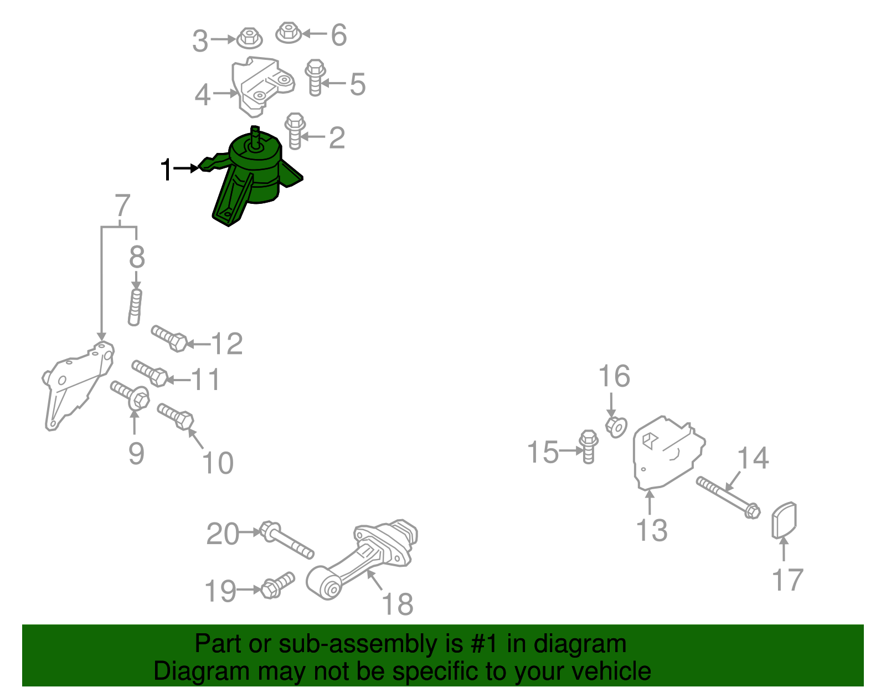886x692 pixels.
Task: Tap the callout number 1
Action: [x=166, y=169]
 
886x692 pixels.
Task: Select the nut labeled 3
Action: [x=250, y=38]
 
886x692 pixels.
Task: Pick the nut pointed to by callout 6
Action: [x=289, y=33]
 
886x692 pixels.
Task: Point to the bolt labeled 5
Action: [x=315, y=78]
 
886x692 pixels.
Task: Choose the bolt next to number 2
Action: [x=295, y=131]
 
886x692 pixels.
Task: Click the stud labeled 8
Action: [x=135, y=307]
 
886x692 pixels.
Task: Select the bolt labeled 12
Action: [x=169, y=339]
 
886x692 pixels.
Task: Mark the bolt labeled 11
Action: [x=150, y=373]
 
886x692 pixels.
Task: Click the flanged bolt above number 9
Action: [x=130, y=395]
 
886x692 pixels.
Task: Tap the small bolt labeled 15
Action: [x=588, y=447]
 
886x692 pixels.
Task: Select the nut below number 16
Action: [x=616, y=427]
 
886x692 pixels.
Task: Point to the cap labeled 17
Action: [x=784, y=520]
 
